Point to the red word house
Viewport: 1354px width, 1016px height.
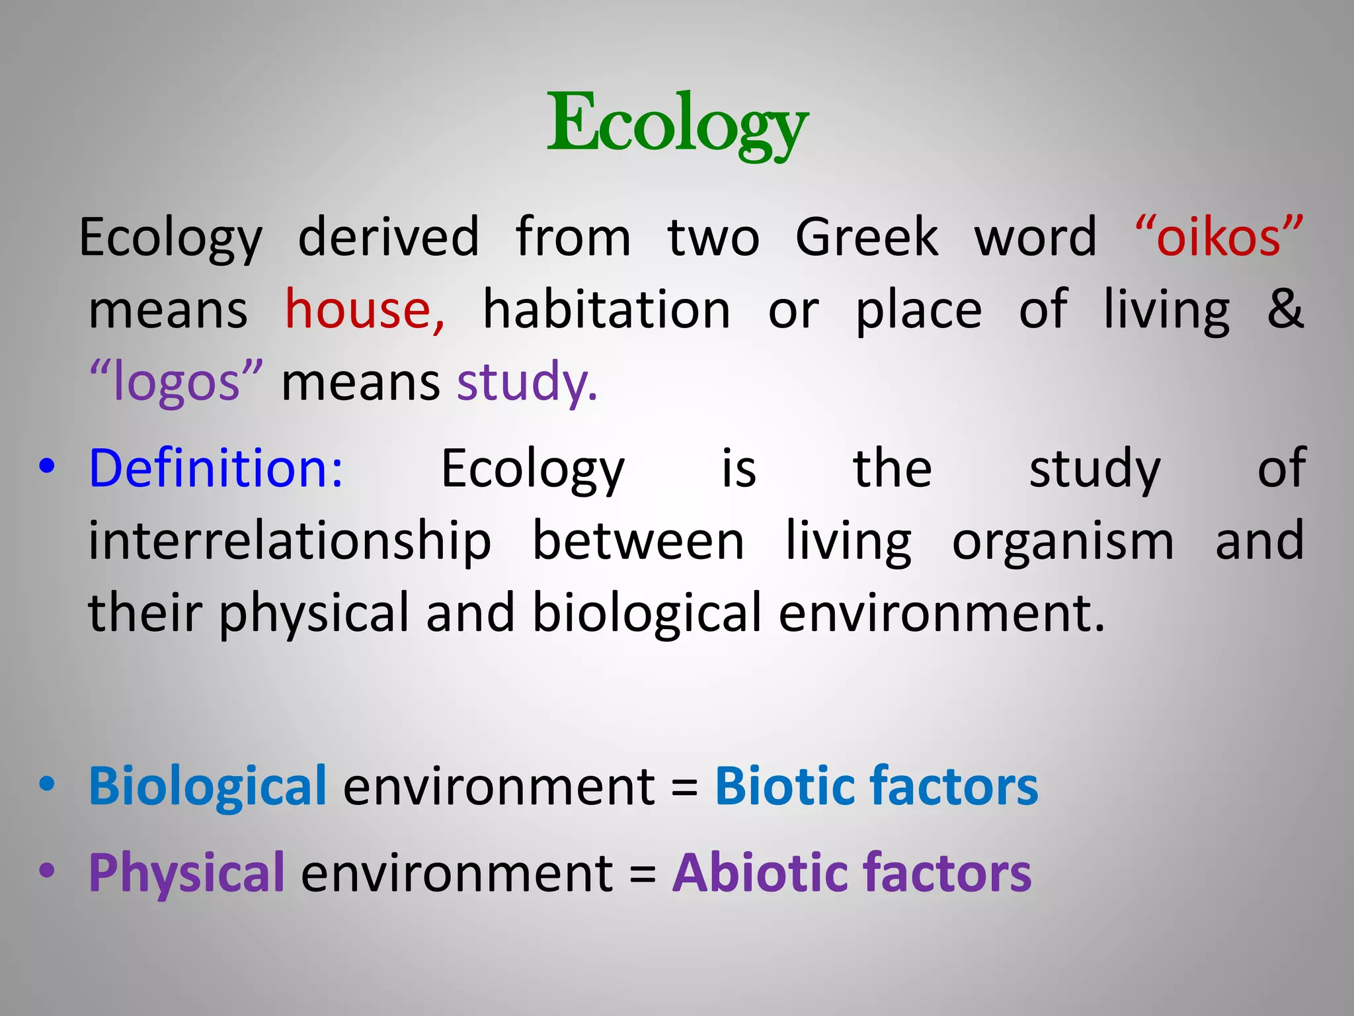(364, 309)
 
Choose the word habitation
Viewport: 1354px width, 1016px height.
(606, 309)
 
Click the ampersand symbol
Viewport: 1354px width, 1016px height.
(1285, 309)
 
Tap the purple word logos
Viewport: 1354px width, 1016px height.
(176, 382)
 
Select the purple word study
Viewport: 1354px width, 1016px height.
(527, 382)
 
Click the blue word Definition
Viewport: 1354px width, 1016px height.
(216, 468)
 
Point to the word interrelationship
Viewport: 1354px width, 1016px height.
(290, 541)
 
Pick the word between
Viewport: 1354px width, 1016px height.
(638, 541)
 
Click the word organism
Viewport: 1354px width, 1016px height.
(1062, 541)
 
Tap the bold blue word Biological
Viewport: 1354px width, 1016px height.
(208, 786)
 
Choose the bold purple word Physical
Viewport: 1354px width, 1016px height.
(186, 872)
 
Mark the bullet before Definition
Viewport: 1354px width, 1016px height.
(46, 466)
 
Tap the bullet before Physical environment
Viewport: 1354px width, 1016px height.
(46, 870)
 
